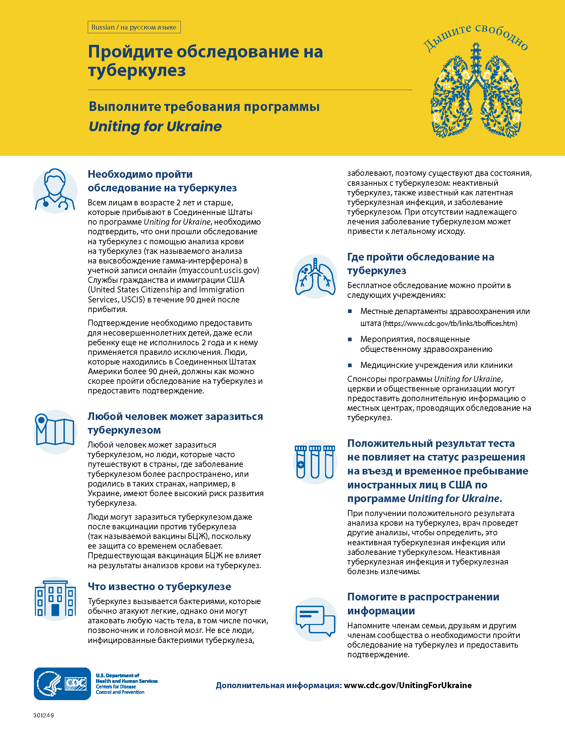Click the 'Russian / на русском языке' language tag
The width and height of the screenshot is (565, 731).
pyautogui.click(x=134, y=27)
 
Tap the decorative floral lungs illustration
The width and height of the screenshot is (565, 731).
pyautogui.click(x=476, y=94)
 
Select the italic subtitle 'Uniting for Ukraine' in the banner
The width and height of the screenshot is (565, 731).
pyautogui.click(x=155, y=127)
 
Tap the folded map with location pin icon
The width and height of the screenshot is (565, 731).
pyautogui.click(x=55, y=431)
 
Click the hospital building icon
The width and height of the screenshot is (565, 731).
pyautogui.click(x=55, y=599)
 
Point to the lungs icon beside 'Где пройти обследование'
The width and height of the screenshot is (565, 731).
pyautogui.click(x=315, y=276)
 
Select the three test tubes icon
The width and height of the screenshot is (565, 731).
pyautogui.click(x=315, y=462)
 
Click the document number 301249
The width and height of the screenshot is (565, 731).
pyautogui.click(x=44, y=715)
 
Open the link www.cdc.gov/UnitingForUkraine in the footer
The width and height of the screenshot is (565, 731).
pyautogui.click(x=408, y=685)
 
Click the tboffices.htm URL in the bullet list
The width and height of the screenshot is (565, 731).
pyautogui.click(x=450, y=323)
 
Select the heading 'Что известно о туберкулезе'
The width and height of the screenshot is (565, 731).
pyautogui.click(x=159, y=586)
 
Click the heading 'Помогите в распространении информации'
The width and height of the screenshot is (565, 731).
pyautogui.click(x=423, y=603)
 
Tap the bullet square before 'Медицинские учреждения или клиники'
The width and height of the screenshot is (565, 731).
pyautogui.click(x=350, y=365)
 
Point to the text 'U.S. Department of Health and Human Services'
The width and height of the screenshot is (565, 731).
pyautogui.click(x=126, y=678)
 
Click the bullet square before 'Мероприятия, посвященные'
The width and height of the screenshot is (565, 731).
pyautogui.click(x=350, y=339)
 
